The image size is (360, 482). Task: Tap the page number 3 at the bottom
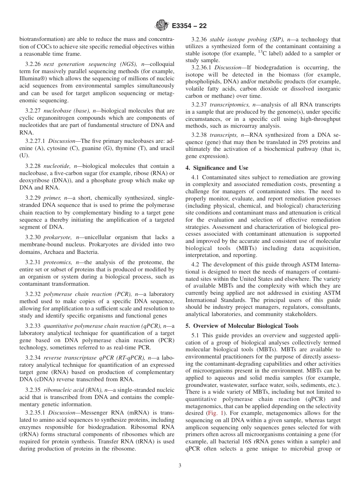(x=180, y=466)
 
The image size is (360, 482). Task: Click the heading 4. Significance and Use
(x=217, y=167)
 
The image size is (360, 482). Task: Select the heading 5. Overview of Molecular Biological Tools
(x=242, y=326)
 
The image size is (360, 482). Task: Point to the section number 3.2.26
(x=33, y=65)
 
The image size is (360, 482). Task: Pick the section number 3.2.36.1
(x=202, y=67)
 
